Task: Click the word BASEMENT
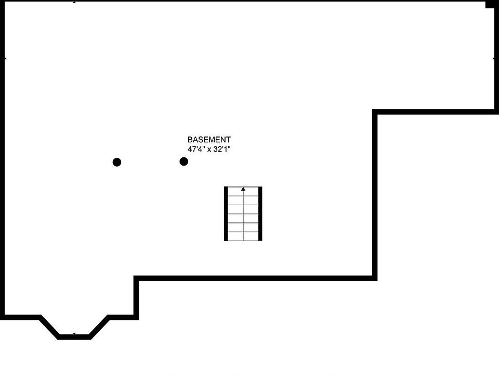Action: pyautogui.click(x=209, y=140)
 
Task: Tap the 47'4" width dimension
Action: pyautogui.click(x=196, y=149)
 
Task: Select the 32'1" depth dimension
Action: pyautogui.click(x=221, y=149)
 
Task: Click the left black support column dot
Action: pyautogui.click(x=117, y=162)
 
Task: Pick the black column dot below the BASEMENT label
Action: pyautogui.click(x=183, y=161)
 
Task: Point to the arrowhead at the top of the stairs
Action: pyautogui.click(x=243, y=189)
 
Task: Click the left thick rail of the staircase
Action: pyautogui.click(x=226, y=214)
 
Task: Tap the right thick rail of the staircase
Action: pyautogui.click(x=260, y=214)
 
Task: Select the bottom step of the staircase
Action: pyautogui.click(x=243, y=235)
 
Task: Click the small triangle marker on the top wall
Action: pyautogui.click(x=74, y=2)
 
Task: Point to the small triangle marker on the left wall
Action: pyautogui.click(x=5, y=58)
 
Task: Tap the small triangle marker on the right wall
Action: pyautogui.click(x=493, y=58)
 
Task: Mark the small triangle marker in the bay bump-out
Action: pyautogui.click(x=74, y=334)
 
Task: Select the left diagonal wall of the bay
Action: pyautogui.click(x=49, y=326)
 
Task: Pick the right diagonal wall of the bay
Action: pyautogui.click(x=99, y=326)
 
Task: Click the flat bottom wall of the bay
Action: pyautogui.click(x=74, y=337)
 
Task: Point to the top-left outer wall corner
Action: pyautogui.click(x=3, y=2)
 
